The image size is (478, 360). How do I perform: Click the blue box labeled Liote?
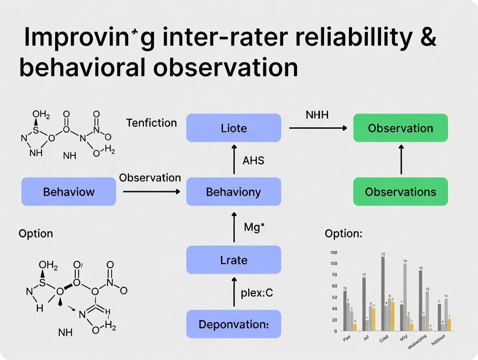pos(233,128)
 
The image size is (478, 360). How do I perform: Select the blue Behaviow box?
pos(69,192)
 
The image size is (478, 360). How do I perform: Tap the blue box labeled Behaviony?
pos(233,192)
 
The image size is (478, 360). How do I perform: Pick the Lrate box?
pos(233,260)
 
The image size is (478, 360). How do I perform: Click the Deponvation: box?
pos(233,324)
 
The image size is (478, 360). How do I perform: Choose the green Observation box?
pos(400,128)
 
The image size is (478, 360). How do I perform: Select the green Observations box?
pos(400,192)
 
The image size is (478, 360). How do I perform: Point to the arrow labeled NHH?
pos(318,128)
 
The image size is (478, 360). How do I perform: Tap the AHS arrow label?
pos(253,161)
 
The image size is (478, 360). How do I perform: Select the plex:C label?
pos(256,293)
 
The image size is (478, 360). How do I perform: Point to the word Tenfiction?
pos(152,123)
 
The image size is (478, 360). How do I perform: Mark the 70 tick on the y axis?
pos(334,275)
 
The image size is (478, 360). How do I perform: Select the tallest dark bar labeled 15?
pos(383,294)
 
